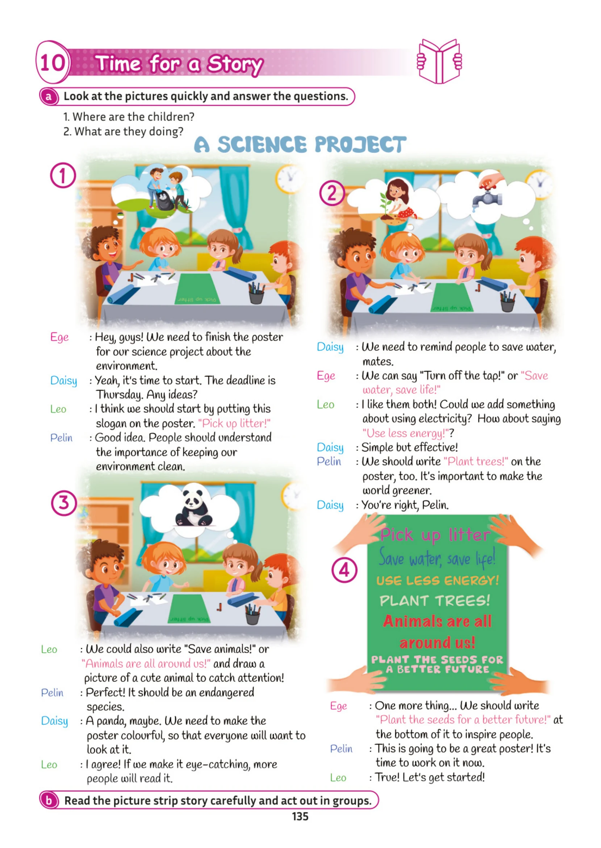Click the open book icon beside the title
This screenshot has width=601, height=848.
[439, 61]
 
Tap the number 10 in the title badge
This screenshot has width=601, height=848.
[52, 63]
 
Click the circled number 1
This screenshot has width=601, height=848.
[63, 175]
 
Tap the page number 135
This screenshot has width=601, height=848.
[300, 816]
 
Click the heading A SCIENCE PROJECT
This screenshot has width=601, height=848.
[300, 144]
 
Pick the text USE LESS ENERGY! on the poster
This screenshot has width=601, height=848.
[437, 581]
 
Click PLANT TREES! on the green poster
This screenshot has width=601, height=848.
[435, 600]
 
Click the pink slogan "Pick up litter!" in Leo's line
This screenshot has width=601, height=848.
[234, 423]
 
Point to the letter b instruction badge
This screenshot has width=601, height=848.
[49, 800]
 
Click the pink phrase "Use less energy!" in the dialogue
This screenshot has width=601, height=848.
[406, 433]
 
